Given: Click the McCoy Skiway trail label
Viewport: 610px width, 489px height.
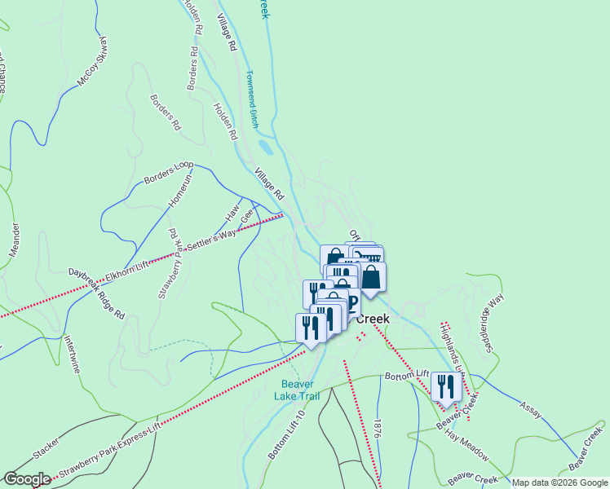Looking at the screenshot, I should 92,62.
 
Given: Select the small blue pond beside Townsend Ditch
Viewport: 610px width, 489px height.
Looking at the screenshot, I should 265,148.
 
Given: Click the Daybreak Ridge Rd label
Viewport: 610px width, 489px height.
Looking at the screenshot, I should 96,293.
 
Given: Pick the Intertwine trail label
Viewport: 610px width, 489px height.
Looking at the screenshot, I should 73,355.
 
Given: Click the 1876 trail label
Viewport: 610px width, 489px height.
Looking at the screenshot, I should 376,430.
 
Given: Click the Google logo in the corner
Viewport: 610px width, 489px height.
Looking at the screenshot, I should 27,479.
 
